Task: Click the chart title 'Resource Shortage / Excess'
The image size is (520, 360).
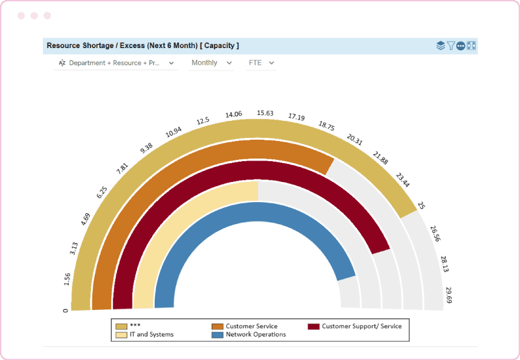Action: click(x=142, y=45)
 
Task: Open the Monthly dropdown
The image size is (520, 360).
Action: click(x=211, y=63)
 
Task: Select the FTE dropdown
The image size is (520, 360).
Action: click(x=261, y=63)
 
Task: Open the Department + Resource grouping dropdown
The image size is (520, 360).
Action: click(x=116, y=63)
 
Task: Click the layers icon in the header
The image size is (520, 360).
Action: click(x=441, y=45)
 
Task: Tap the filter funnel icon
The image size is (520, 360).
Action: click(x=450, y=45)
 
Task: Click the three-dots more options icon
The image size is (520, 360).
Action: click(x=461, y=45)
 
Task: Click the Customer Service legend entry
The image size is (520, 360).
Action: click(x=251, y=326)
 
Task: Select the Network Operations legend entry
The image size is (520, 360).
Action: click(x=255, y=335)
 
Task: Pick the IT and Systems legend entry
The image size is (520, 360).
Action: click(x=151, y=335)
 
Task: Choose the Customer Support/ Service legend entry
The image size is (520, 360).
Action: click(x=361, y=326)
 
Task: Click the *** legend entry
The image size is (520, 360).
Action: click(x=135, y=326)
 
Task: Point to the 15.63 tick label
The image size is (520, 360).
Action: click(x=265, y=113)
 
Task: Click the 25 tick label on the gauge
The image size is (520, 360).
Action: click(x=421, y=205)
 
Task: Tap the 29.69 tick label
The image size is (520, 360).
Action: click(x=448, y=296)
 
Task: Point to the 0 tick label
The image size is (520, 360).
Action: click(x=65, y=310)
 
